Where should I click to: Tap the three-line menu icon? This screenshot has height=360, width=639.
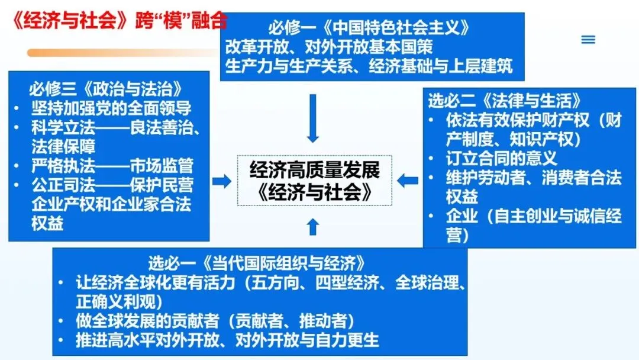[x=588, y=40]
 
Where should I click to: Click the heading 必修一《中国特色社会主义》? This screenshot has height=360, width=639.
[x=370, y=27]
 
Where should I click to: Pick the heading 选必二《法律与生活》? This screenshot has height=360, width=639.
[x=504, y=100]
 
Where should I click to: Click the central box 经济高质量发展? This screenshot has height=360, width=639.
[x=314, y=171]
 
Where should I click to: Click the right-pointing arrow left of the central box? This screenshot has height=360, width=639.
[x=221, y=181]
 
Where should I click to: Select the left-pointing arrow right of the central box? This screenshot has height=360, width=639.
[x=408, y=180]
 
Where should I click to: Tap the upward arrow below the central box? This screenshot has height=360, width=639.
[x=314, y=226]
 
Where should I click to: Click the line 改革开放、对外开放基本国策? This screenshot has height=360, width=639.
[x=329, y=46]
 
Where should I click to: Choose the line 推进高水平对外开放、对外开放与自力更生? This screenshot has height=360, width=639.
[x=227, y=340]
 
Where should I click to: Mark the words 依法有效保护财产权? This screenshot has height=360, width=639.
[x=518, y=120]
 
